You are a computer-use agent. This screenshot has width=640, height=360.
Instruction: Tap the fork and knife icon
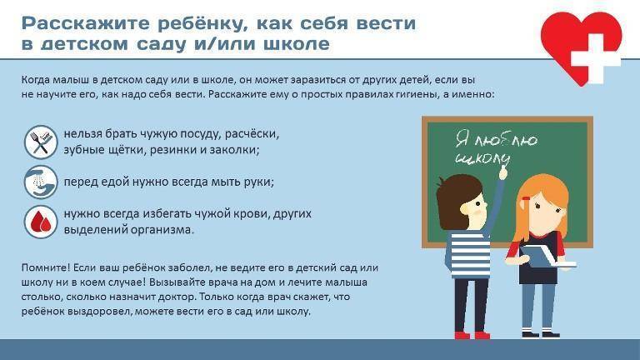(39, 142)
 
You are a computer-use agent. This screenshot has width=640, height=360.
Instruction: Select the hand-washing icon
(39, 181)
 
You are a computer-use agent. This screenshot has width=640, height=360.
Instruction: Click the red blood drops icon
(39, 221)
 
